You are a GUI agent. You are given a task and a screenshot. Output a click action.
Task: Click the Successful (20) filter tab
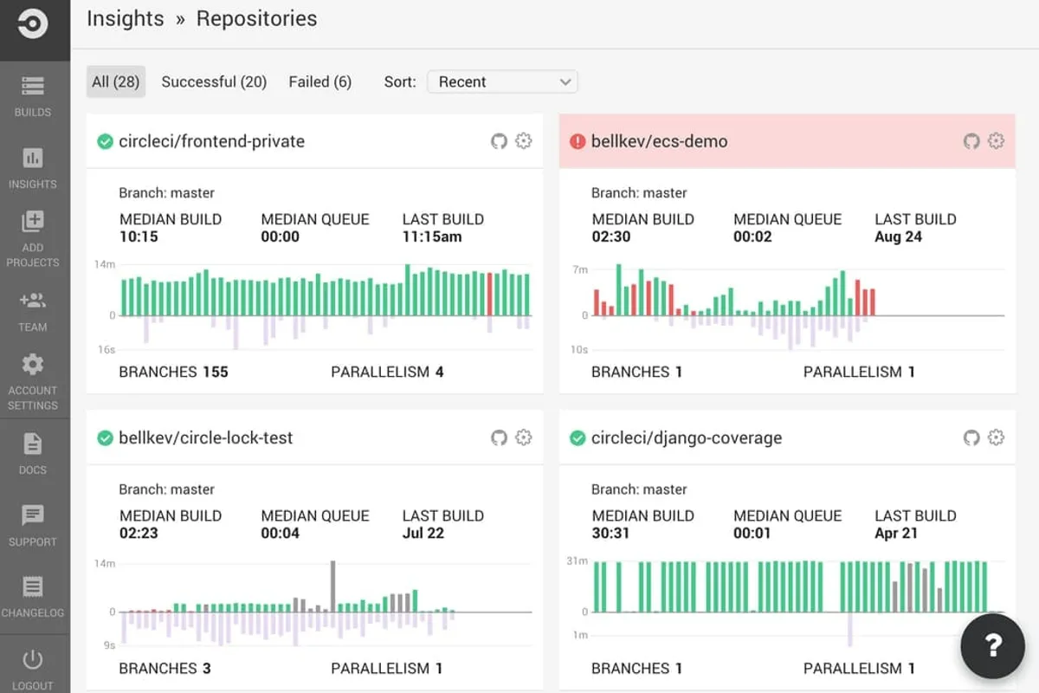click(214, 81)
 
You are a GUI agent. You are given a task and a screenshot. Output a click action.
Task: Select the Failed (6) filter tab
click(319, 81)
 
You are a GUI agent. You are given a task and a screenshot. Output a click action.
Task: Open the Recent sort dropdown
click(502, 81)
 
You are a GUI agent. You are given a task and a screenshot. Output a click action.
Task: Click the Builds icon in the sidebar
click(33, 87)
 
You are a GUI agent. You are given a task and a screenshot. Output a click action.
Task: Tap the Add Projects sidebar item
click(33, 237)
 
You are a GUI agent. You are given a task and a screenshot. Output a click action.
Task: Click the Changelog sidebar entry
click(33, 597)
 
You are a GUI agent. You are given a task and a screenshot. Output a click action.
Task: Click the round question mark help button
click(994, 644)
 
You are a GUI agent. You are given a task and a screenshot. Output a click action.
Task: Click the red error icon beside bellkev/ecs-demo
click(578, 141)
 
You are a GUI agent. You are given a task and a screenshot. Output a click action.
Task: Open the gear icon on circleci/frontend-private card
click(523, 141)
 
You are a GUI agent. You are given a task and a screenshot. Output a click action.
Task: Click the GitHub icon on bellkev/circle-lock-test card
click(499, 437)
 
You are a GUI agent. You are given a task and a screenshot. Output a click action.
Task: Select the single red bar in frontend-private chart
click(490, 295)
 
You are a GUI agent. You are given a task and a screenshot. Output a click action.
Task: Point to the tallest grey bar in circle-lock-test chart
click(332, 586)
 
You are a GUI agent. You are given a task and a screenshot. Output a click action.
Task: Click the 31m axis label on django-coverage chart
click(577, 561)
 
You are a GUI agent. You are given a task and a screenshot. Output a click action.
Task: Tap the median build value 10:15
click(139, 236)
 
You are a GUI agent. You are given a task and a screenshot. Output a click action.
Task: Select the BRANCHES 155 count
click(215, 372)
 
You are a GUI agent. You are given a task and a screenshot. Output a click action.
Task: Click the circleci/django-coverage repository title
click(686, 437)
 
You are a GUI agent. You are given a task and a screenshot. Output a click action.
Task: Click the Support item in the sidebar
click(33, 525)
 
